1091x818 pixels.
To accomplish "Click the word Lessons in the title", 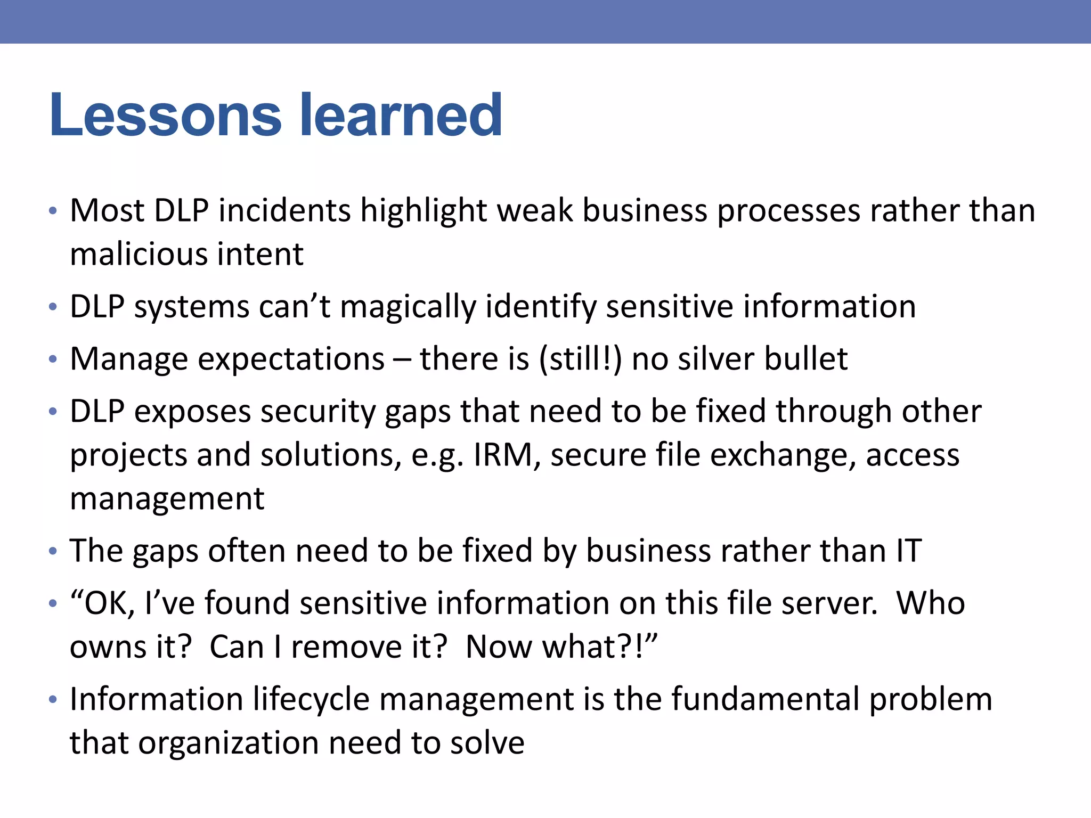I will (165, 115).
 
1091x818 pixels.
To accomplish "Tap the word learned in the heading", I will (401, 115).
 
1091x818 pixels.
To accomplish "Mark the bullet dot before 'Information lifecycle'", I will (52, 700).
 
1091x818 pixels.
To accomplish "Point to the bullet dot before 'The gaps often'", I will (52, 551).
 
